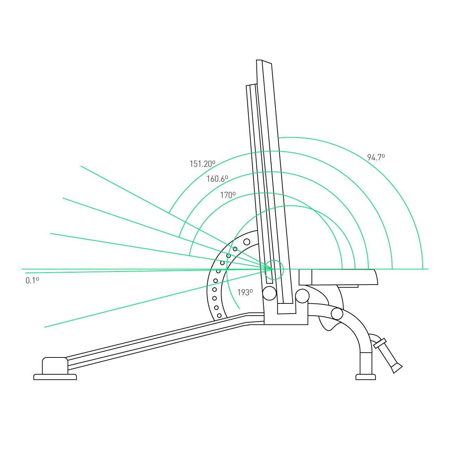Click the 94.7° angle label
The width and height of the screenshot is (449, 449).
[376, 157]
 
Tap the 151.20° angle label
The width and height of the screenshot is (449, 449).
[202, 163]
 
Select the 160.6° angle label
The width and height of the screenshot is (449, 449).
[217, 179]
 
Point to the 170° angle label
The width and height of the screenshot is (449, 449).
[228, 195]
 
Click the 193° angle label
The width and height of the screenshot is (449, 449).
[245, 292]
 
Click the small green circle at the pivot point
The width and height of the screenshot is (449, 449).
[274, 270]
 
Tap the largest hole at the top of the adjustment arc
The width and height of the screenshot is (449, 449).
[247, 242]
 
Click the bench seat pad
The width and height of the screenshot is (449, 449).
[338, 277]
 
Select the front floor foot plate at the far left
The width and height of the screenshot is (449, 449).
[55, 377]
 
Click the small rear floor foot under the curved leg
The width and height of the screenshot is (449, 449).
[366, 377]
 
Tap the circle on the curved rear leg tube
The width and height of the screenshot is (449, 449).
[337, 314]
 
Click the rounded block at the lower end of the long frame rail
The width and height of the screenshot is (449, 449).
[55, 366]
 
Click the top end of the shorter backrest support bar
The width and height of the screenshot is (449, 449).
[252, 85]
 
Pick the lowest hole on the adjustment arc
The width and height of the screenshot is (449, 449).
[219, 316]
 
